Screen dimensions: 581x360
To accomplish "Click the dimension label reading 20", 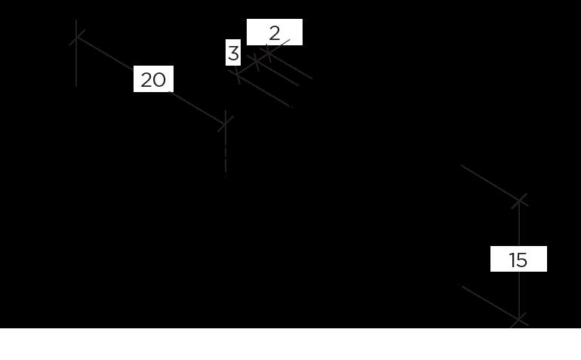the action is pyautogui.click(x=153, y=79).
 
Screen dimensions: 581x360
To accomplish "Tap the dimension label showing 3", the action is pyautogui.click(x=233, y=54).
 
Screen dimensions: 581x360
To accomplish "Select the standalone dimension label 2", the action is pyautogui.click(x=275, y=32).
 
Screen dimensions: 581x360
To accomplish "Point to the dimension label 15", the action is pyautogui.click(x=518, y=260).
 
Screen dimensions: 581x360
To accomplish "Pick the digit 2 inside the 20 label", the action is pyautogui.click(x=146, y=79).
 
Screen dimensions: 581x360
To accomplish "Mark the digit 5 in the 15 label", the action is pyautogui.click(x=522, y=260).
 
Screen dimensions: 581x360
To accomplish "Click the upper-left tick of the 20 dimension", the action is pyautogui.click(x=77, y=37).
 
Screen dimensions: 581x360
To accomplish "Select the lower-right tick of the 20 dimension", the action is pyautogui.click(x=225, y=123).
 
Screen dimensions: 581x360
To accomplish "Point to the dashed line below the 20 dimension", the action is pyautogui.click(x=225, y=155).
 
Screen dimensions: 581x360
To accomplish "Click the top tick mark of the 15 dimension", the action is pyautogui.click(x=519, y=200).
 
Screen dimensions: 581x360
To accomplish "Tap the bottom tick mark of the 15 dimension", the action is pyautogui.click(x=519, y=320).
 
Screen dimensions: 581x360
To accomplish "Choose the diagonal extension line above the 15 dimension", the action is pyautogui.click(x=487, y=180).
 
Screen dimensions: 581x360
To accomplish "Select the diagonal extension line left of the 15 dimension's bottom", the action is pyautogui.click(x=487, y=301).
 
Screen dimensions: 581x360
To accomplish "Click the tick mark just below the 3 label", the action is pyautogui.click(x=238, y=75).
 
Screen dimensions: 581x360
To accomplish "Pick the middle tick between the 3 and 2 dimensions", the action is pyautogui.click(x=256, y=63).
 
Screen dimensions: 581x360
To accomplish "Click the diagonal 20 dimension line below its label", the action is pyautogui.click(x=196, y=106).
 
